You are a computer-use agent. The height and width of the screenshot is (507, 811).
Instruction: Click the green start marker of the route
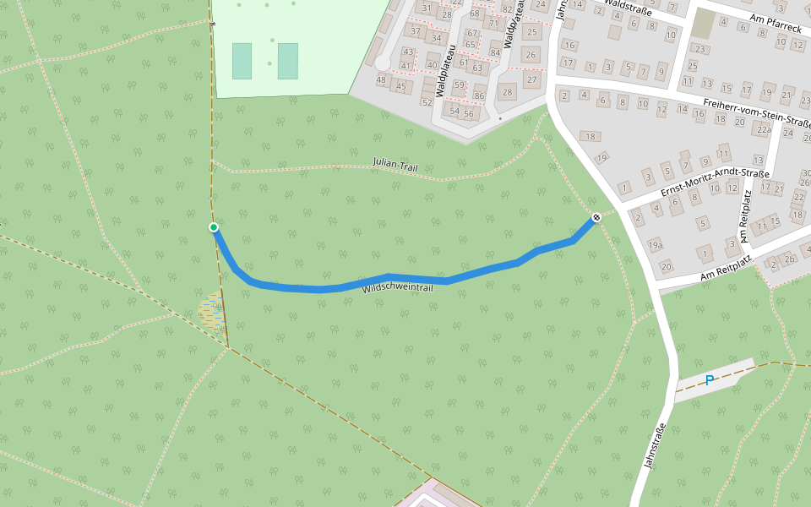click(x=214, y=226)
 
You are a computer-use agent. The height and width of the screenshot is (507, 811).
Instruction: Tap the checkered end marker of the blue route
click(x=596, y=217)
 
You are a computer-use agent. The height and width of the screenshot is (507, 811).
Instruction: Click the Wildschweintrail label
click(x=397, y=289)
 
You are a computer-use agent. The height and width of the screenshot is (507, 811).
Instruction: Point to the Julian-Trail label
click(x=395, y=165)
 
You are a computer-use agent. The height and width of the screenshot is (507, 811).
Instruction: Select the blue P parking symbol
click(x=709, y=380)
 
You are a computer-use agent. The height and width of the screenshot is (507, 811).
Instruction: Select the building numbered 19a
click(x=656, y=245)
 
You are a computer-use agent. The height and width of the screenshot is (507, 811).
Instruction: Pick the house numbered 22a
click(x=763, y=129)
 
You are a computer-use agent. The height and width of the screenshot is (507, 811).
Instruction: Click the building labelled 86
click(x=480, y=95)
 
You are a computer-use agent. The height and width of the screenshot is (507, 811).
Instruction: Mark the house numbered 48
click(x=382, y=80)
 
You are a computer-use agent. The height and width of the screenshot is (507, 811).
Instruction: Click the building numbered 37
click(x=414, y=31)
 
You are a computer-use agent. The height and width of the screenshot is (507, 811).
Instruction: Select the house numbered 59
click(x=460, y=84)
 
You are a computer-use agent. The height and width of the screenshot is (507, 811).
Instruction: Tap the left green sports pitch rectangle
click(x=242, y=61)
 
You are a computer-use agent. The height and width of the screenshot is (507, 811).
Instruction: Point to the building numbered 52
click(x=427, y=103)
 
